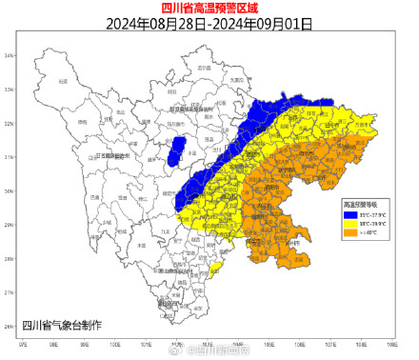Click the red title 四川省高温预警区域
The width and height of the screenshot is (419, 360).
(x=209, y=8)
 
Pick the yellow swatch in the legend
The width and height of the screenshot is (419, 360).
(x=349, y=223)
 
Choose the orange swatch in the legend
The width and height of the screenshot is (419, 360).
(x=349, y=231)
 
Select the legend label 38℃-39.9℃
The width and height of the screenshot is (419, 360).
(x=371, y=223)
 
